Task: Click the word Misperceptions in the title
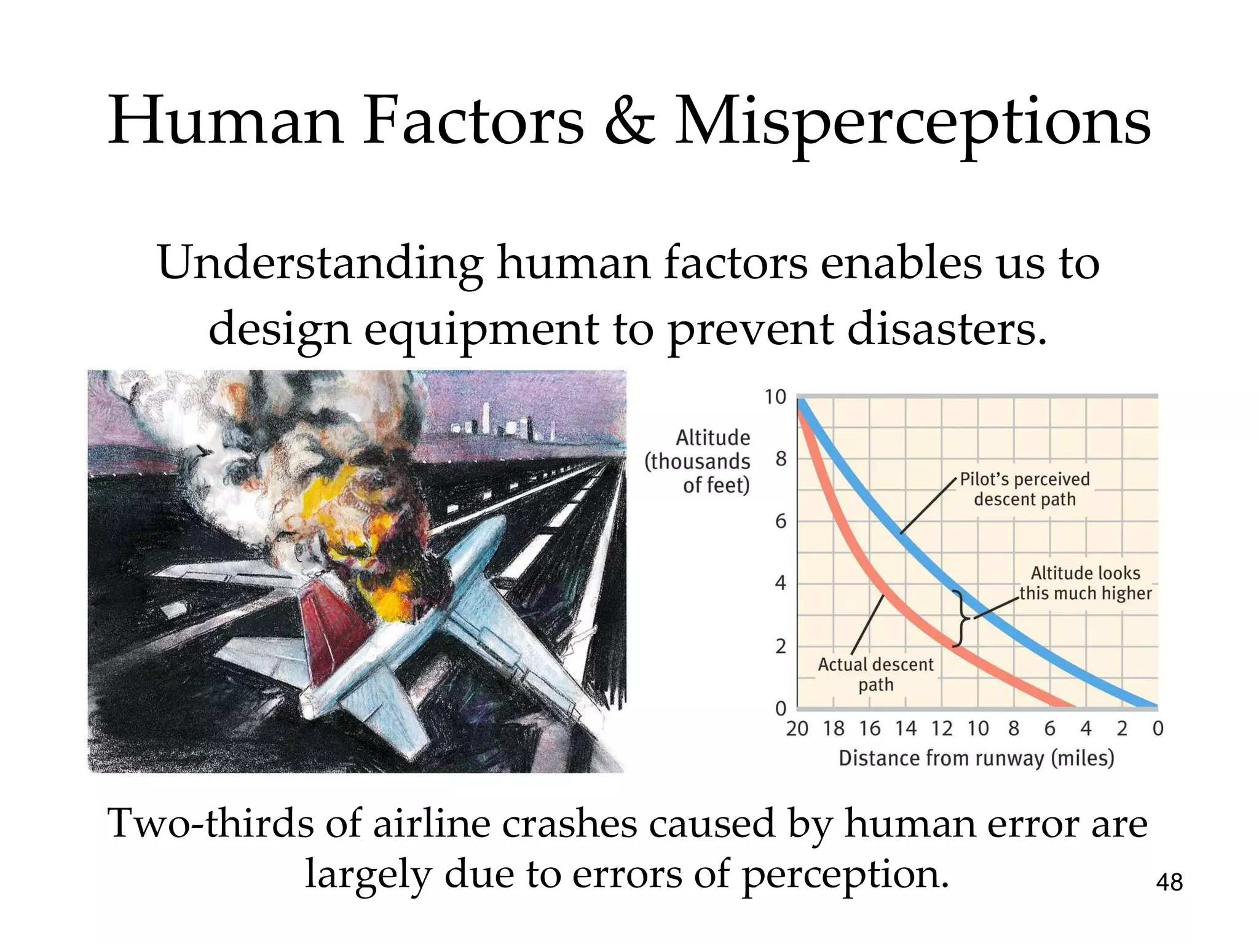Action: coord(912,123)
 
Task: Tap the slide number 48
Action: coord(1169,883)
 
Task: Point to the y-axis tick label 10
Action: coord(775,398)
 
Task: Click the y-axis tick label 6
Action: coord(780,522)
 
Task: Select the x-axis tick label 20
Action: coord(797,729)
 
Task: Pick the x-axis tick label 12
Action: coord(941,729)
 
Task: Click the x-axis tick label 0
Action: coord(1158,729)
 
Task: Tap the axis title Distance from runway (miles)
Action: coord(976,758)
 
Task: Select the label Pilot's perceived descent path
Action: coord(1024,489)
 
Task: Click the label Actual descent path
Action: coord(875,674)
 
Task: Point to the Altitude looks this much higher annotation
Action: coord(1085,583)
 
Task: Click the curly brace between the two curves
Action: coord(961,619)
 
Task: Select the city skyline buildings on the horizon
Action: coord(498,424)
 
